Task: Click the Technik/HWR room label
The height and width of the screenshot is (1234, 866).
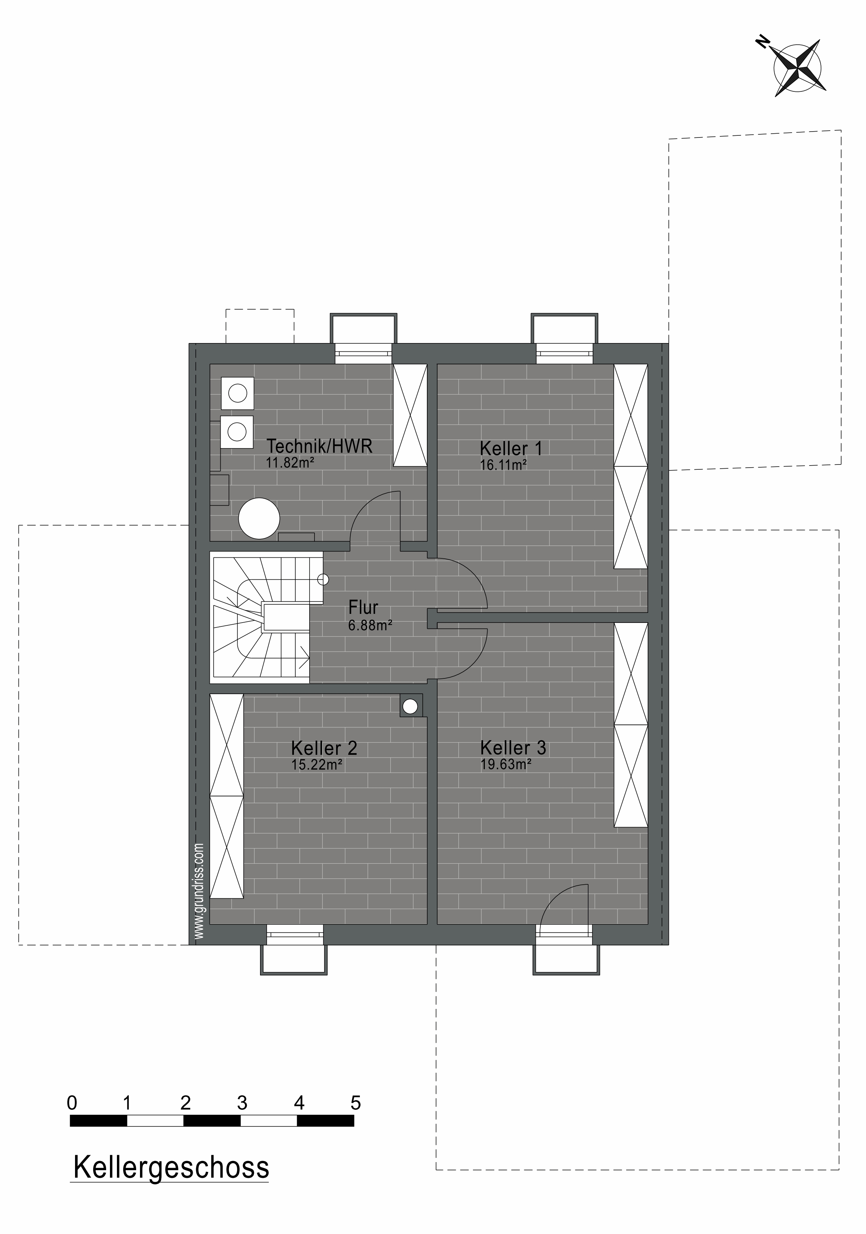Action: [x=319, y=446]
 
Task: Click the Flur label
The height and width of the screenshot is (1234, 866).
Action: [x=363, y=607]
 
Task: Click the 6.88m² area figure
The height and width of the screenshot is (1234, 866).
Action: [x=370, y=625]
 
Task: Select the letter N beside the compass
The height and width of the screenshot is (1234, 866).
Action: [x=762, y=42]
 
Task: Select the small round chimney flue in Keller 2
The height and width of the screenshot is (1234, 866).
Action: [x=411, y=705]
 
